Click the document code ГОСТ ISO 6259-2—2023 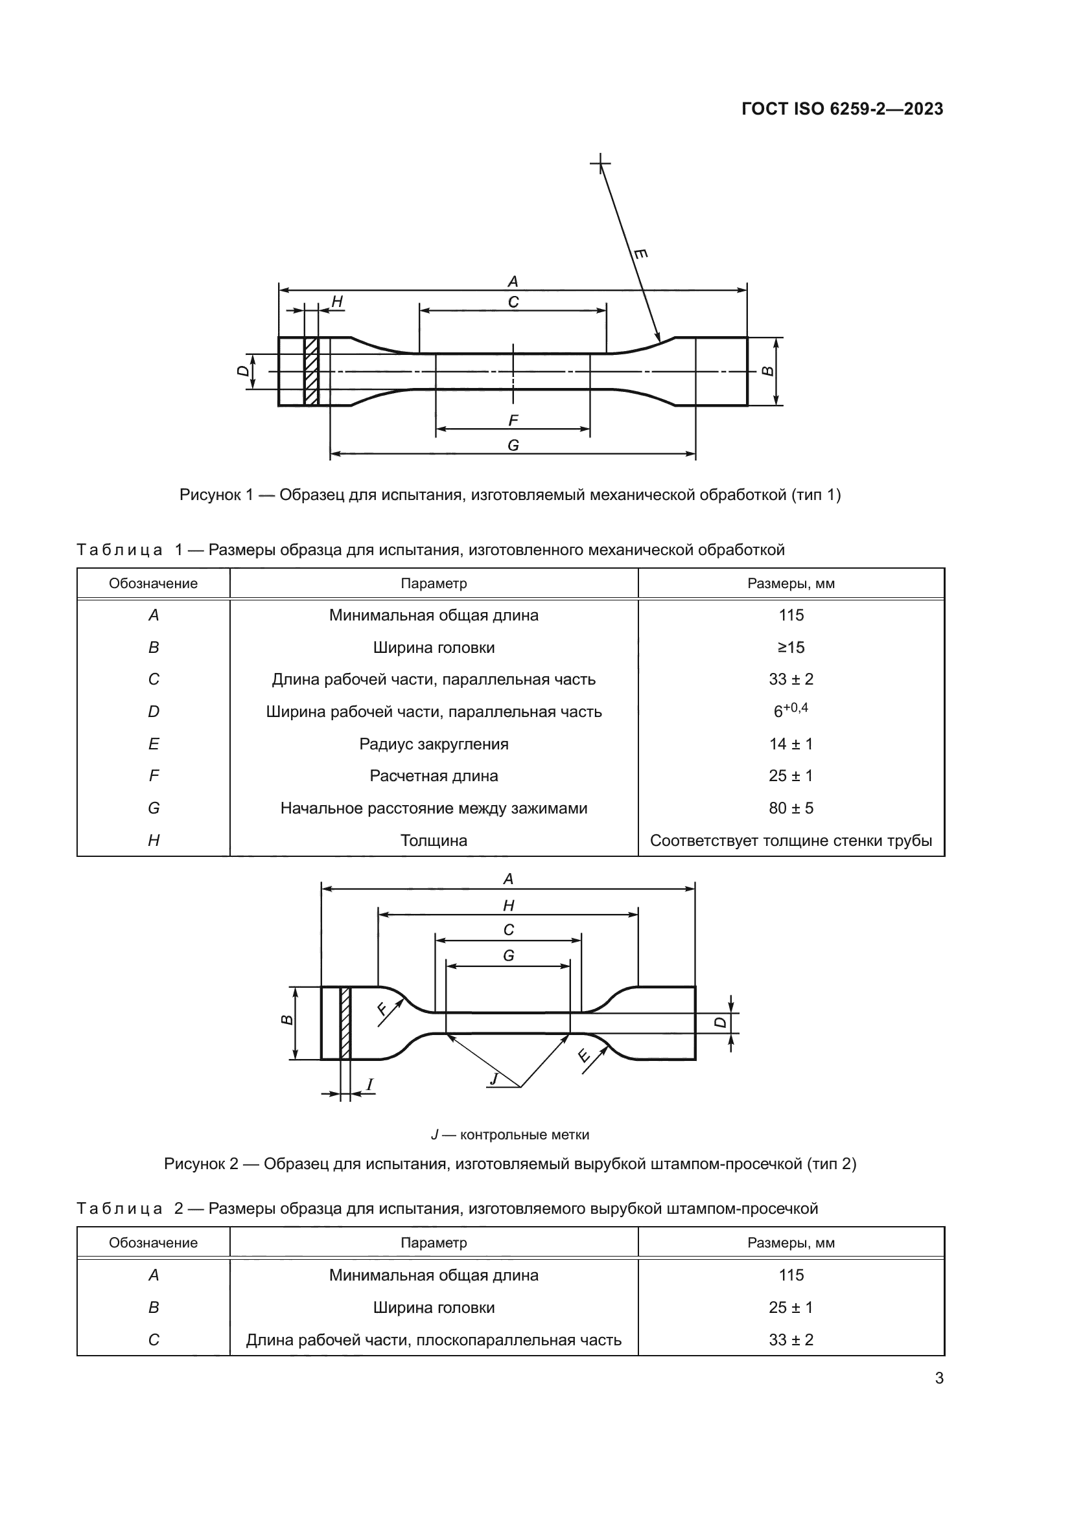843,109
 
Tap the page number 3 939,1378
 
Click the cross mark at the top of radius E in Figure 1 600,163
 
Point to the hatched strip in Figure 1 312,372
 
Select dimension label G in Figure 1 513,446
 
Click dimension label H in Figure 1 337,302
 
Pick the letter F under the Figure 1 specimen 513,420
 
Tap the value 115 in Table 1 791,615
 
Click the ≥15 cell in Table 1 791,647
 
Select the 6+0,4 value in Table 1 791,711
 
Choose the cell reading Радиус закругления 434,744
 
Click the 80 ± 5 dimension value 791,808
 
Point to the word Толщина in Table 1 434,840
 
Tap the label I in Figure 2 369,1084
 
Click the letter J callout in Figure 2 494,1079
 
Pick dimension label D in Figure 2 721,1022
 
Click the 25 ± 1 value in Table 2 791,1307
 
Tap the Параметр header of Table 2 434,1242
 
